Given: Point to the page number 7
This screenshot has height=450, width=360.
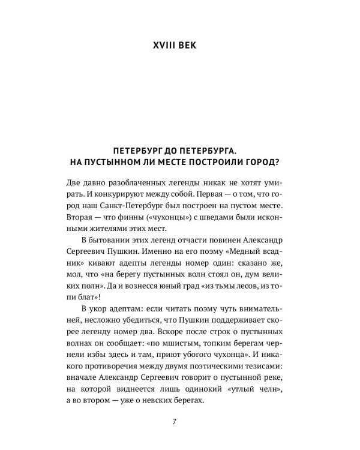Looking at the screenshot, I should (174, 420).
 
